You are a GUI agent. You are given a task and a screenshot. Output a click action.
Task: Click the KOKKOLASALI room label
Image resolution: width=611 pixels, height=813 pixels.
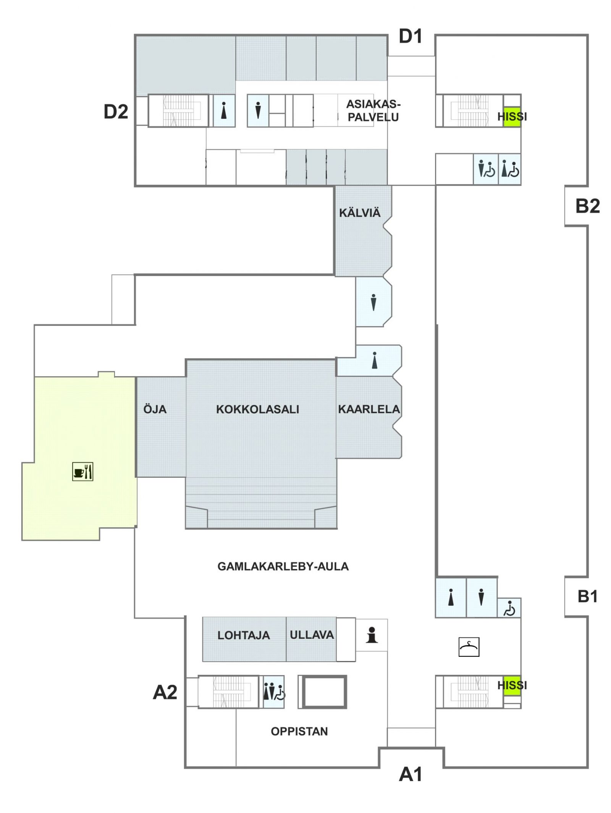[257, 409]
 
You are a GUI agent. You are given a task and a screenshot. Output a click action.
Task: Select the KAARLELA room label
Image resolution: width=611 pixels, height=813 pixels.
[369, 409]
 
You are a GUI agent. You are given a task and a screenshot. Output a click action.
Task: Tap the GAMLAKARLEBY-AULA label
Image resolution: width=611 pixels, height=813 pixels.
[283, 566]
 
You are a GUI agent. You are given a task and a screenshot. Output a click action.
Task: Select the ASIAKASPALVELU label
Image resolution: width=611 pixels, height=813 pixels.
[373, 110]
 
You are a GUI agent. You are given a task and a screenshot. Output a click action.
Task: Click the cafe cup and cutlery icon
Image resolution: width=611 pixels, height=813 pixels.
[83, 471]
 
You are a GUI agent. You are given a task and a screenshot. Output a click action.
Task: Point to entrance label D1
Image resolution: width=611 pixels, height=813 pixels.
[411, 36]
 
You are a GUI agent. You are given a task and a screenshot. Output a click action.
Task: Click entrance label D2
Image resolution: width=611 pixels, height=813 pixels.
[116, 112]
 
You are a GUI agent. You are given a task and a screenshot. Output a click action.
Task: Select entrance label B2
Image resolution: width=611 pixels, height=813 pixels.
[588, 206]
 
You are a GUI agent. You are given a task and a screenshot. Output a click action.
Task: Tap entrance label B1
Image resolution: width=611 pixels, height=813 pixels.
[588, 596]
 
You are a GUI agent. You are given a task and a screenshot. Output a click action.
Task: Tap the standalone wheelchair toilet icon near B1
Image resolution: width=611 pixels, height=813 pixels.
[509, 609]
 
